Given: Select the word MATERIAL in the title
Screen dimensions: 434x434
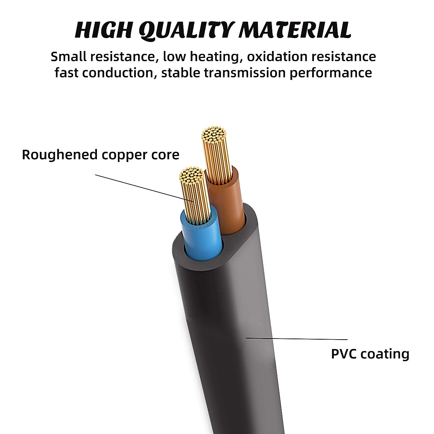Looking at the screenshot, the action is click(295, 30).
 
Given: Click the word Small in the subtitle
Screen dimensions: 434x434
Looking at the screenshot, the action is click(68, 57).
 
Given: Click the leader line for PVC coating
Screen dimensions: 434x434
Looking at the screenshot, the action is click(297, 339).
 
